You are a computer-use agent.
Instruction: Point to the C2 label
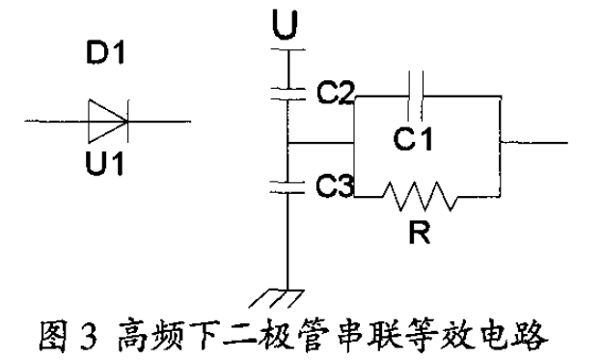[x=335, y=93]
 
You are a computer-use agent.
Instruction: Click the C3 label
[x=335, y=185]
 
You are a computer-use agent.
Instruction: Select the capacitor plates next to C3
[x=287, y=182]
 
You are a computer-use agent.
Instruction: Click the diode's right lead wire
[x=163, y=121]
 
